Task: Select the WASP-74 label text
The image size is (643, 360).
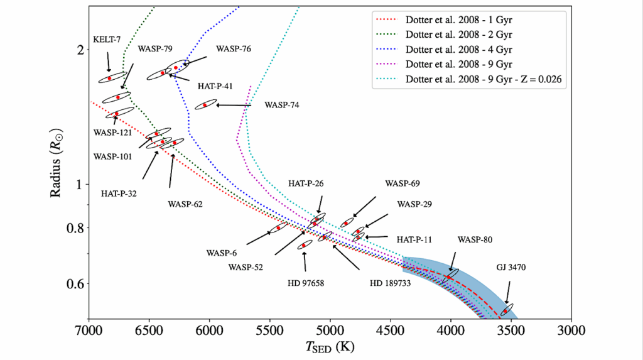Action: tap(282, 105)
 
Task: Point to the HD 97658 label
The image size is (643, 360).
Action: tap(306, 283)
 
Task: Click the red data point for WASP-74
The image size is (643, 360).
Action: tap(204, 105)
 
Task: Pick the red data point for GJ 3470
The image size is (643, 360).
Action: tap(505, 311)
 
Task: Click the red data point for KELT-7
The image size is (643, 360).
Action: tap(110, 78)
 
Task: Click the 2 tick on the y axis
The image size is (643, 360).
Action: tap(80, 50)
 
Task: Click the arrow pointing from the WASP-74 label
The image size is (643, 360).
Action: tap(233, 105)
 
